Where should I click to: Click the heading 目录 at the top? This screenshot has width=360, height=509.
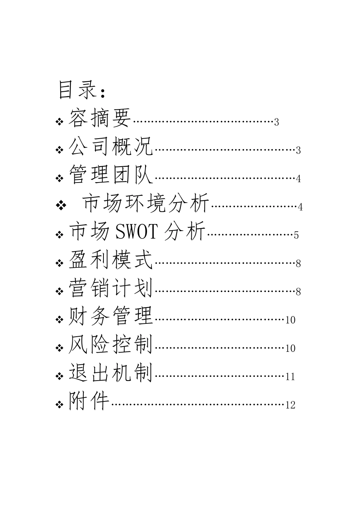click(x=78, y=90)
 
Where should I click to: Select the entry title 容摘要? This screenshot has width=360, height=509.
click(x=100, y=117)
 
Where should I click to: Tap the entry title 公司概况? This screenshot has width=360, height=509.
click(x=111, y=146)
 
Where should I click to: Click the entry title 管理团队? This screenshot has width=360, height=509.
click(x=111, y=174)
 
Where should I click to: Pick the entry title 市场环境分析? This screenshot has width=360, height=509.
click(x=146, y=203)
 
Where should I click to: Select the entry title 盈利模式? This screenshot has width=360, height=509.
click(x=111, y=260)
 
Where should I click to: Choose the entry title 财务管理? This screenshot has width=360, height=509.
click(x=111, y=316)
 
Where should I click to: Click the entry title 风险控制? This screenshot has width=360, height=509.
click(x=111, y=345)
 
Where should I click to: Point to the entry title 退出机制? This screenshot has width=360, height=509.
click(x=111, y=373)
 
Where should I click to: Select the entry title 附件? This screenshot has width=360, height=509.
click(x=89, y=401)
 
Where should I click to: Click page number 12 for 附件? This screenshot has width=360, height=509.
click(x=290, y=405)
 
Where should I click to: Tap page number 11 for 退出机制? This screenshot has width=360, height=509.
click(x=290, y=377)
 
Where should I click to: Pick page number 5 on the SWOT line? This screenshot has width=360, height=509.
click(x=296, y=235)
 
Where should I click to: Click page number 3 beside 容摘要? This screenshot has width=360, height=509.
click(x=276, y=122)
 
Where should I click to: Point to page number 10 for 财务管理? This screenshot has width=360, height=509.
click(x=290, y=320)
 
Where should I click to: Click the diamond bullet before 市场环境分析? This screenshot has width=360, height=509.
click(x=60, y=206)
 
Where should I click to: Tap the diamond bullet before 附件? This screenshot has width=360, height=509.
click(x=59, y=405)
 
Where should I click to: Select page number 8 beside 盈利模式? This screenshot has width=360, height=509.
click(x=298, y=264)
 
